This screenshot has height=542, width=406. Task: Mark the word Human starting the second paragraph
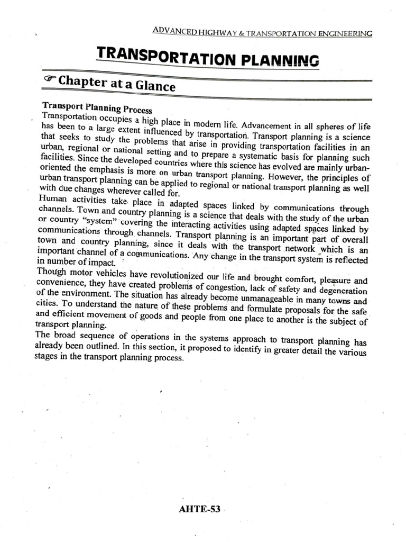pyautogui.click(x=54, y=197)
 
